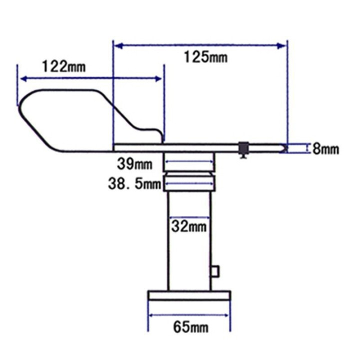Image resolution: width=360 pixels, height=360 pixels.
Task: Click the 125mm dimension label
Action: coord(205,57)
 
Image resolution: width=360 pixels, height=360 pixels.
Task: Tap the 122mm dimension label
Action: coord(64,66)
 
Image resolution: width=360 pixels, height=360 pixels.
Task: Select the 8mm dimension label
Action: coord(325,149)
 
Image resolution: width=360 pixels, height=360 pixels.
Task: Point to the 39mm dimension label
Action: coord(134,164)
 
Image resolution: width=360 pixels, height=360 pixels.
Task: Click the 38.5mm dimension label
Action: coord(135,184)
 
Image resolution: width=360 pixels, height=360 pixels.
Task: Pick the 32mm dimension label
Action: coord(188,226)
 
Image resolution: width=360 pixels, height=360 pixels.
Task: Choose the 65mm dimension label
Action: coord(191,327)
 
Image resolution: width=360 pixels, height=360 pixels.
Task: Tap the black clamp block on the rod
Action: coord(243,148)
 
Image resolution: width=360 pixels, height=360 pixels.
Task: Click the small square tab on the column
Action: coord(215,271)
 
